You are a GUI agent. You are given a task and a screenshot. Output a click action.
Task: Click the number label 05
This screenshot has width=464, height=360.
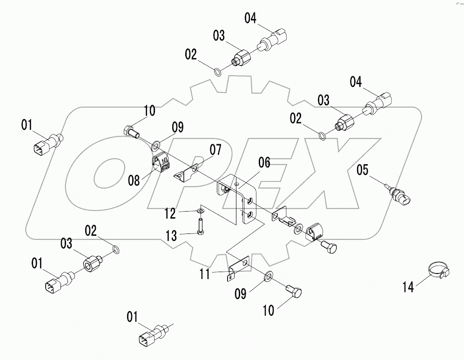[363, 170]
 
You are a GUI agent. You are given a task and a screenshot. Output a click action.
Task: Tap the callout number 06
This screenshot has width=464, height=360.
[264, 162]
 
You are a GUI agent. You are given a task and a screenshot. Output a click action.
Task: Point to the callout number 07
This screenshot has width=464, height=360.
[215, 150]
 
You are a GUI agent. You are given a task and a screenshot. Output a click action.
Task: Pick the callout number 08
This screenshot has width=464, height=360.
[134, 180]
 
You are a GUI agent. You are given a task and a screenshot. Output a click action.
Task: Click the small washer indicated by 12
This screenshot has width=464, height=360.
[200, 211]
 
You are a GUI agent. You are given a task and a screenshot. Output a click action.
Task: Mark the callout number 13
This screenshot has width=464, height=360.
[171, 236]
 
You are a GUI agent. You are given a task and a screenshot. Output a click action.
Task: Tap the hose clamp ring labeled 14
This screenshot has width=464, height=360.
[437, 269]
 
